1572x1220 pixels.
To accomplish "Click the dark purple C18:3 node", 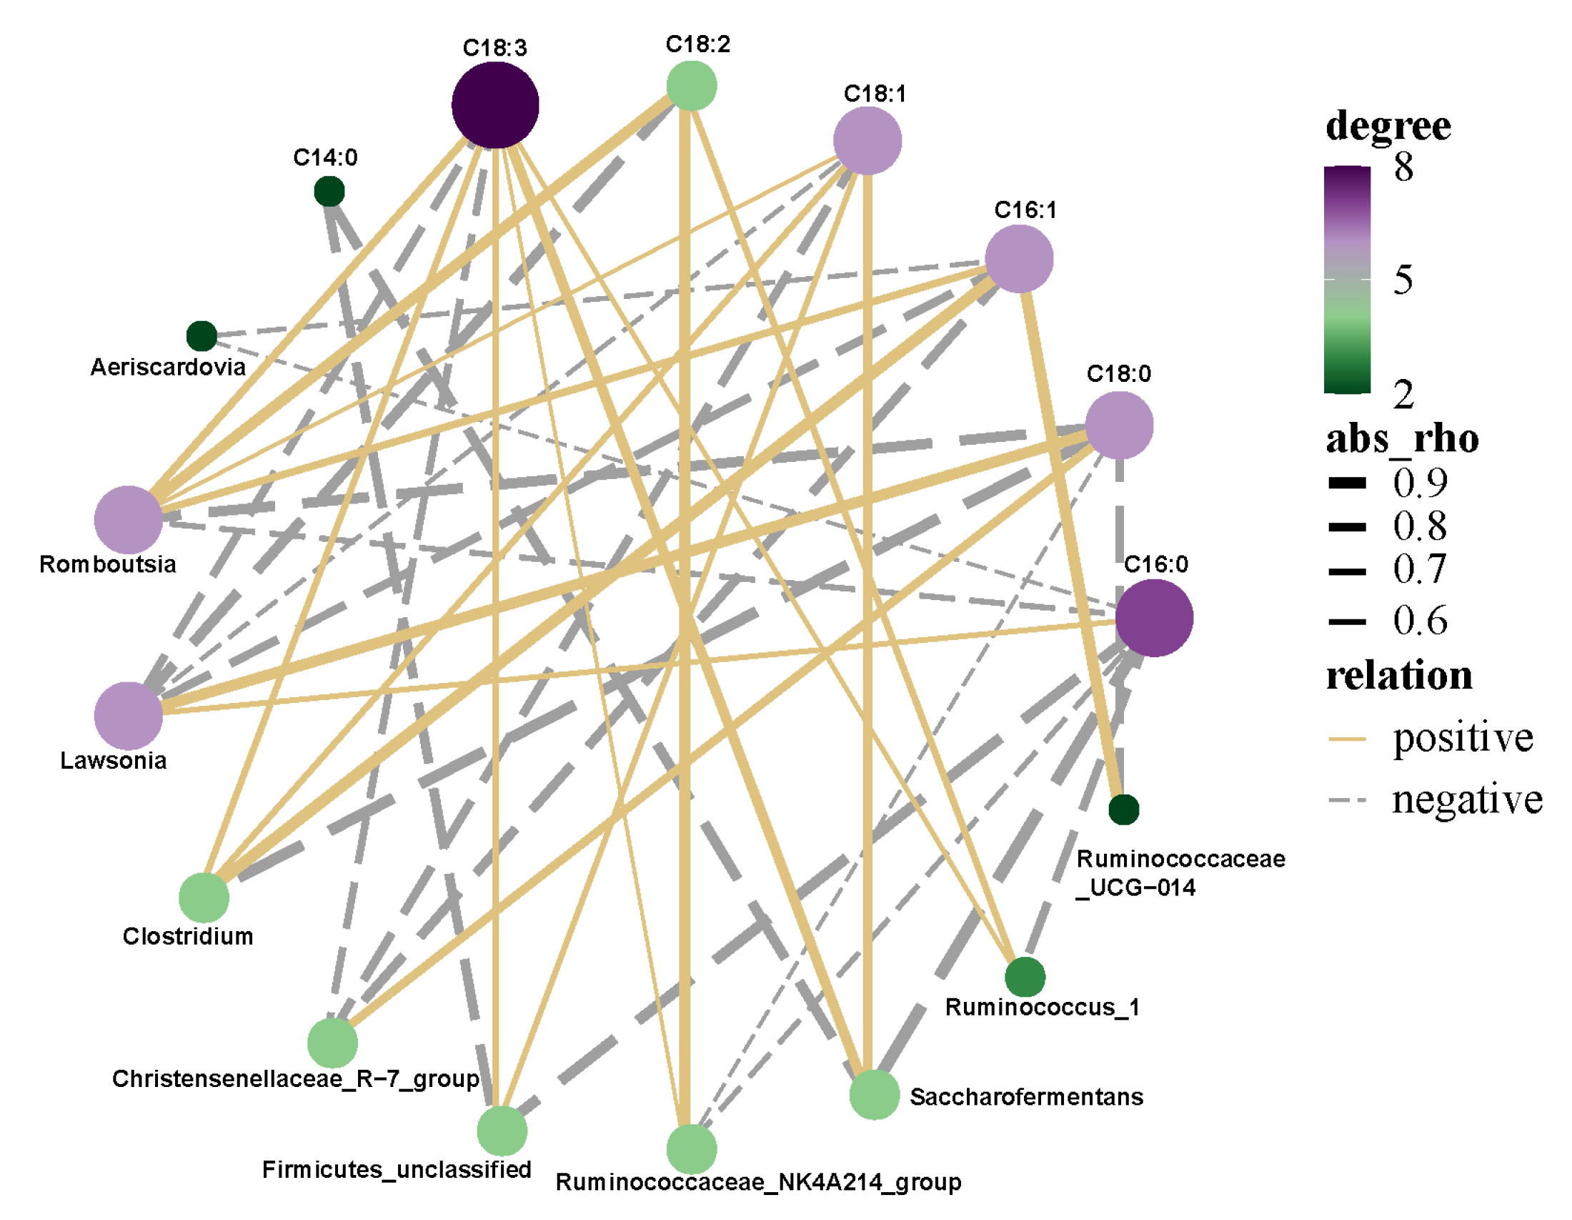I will pyautogui.click(x=495, y=105).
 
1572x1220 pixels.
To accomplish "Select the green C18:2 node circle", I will pyautogui.click(x=691, y=86).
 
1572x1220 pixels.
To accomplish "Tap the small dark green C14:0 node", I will pyautogui.click(x=329, y=192).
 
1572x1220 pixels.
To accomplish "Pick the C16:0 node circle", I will pyautogui.click(x=1155, y=618).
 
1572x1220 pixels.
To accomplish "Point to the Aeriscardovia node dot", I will pyautogui.click(x=202, y=335).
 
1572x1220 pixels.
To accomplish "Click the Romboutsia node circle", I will pyautogui.click(x=128, y=519).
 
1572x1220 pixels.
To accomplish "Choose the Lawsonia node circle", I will pyautogui.click(x=128, y=715).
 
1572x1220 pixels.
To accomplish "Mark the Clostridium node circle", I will pyautogui.click(x=204, y=897).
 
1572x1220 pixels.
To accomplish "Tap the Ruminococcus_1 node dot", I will pyautogui.click(x=1025, y=977).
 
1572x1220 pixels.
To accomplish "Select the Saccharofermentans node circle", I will pyautogui.click(x=875, y=1094).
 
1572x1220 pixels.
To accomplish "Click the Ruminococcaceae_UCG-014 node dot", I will pyautogui.click(x=1123, y=810).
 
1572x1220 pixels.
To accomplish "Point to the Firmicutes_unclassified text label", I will pyautogui.click(x=397, y=1169).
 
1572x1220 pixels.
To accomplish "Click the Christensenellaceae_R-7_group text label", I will pyautogui.click(x=295, y=1078).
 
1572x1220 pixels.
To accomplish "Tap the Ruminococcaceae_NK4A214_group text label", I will pyautogui.click(x=758, y=1182).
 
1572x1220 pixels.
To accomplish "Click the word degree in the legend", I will pyautogui.click(x=1388, y=126).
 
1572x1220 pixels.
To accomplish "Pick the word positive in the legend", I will pyautogui.click(x=1463, y=737).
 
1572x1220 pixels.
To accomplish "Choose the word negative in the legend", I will pyautogui.click(x=1467, y=800).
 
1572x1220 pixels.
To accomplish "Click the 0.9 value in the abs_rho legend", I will pyautogui.click(x=1419, y=482).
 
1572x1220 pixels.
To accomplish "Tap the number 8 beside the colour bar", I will pyautogui.click(x=1403, y=167).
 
